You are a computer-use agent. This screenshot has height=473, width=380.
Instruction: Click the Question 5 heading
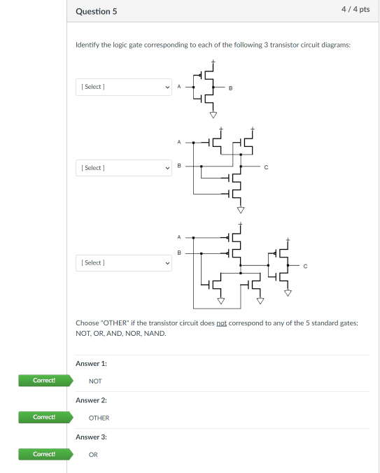tap(96, 11)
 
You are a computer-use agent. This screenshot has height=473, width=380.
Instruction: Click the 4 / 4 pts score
tap(356, 10)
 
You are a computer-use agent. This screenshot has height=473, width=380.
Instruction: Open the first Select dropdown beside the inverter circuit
tap(123, 87)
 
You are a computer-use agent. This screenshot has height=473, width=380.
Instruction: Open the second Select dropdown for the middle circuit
tap(123, 168)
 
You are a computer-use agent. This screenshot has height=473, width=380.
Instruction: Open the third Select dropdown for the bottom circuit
tap(123, 262)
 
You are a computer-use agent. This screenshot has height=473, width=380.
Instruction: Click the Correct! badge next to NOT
tap(43, 381)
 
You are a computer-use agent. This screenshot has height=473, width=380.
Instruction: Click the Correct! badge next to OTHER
tap(43, 418)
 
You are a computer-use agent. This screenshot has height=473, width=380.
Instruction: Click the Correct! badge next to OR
tap(43, 454)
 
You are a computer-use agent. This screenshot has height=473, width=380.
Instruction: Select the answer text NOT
tap(95, 381)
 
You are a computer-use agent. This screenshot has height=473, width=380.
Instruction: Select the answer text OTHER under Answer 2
tap(99, 418)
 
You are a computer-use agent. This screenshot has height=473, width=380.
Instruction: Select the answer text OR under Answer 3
tap(93, 454)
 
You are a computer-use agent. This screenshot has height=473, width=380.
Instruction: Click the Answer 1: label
tap(91, 363)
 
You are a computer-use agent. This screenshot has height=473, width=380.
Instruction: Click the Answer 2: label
tap(91, 400)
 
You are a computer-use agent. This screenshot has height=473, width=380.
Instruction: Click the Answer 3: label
tap(91, 437)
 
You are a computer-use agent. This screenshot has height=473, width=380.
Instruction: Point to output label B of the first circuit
tap(231, 87)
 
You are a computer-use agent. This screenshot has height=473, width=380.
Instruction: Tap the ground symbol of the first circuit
tap(213, 114)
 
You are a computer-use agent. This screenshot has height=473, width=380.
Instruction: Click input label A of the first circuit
tap(178, 87)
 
